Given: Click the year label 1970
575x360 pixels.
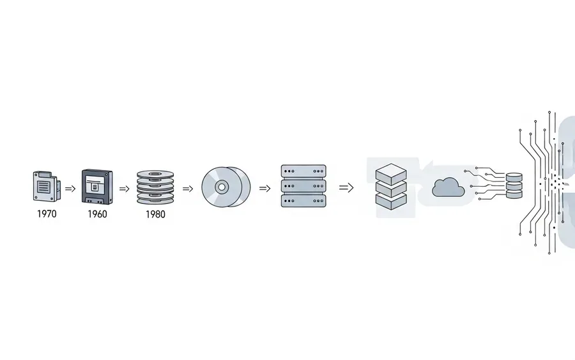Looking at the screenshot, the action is (47, 214).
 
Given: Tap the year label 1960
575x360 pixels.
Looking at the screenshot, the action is (97, 214).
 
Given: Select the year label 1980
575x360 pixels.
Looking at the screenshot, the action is (155, 214).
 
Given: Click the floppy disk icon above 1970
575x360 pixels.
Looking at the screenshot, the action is (47, 186).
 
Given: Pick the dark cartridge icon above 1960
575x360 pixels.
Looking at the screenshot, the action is (97, 187).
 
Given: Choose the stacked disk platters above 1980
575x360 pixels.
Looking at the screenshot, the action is (155, 187).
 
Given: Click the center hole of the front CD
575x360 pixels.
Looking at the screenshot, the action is (222, 187).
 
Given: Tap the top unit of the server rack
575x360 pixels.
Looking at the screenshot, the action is (303, 171).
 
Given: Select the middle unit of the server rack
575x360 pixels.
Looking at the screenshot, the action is (303, 186).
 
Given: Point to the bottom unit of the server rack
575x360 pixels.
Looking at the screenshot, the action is (303, 201).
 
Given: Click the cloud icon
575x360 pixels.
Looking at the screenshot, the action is (448, 187).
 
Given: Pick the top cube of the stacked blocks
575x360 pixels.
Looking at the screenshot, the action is (391, 174).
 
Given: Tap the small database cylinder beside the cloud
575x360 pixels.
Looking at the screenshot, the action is (514, 185).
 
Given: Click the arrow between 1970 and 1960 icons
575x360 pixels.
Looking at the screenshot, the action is (70, 189).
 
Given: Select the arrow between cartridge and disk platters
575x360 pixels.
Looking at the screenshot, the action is (125, 189).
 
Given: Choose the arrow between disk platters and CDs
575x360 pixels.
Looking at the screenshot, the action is (188, 189).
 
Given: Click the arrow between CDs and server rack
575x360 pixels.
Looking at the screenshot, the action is (264, 188).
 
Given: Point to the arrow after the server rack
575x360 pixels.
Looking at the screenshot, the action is (346, 188).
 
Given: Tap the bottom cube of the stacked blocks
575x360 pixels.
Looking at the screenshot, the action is (391, 201).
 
